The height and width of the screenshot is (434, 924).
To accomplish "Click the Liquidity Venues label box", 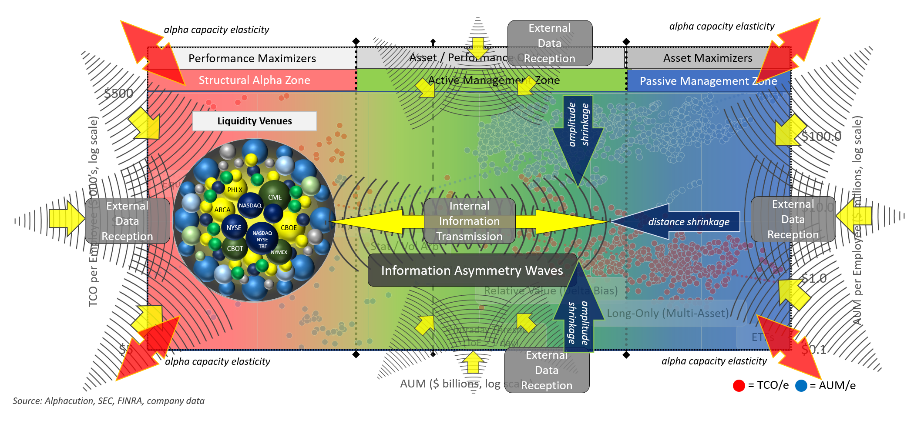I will (255, 121).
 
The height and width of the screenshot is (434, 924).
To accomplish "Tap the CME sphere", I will (275, 197).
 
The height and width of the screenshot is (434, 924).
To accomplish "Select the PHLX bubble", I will (235, 190).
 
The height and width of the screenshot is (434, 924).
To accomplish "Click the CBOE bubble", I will (289, 227).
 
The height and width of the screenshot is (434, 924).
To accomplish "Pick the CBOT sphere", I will (235, 248).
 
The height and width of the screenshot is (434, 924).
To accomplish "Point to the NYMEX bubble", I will (279, 252).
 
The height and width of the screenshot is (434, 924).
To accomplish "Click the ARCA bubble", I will (222, 210).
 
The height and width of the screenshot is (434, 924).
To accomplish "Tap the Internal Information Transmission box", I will (469, 221).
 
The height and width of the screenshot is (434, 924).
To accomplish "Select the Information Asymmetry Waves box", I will (472, 270).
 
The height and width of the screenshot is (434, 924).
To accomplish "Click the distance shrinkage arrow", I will (679, 222).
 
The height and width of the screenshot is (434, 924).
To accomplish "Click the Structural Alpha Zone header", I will (254, 80).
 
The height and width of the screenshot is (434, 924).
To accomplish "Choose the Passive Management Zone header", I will (708, 81).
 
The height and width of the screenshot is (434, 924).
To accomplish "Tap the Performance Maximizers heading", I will (252, 58).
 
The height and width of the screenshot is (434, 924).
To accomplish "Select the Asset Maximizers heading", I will (707, 58).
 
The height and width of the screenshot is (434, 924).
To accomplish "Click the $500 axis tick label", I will (118, 93).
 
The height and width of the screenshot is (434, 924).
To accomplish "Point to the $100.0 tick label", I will (821, 136).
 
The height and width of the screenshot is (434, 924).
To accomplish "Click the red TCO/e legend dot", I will (739, 386).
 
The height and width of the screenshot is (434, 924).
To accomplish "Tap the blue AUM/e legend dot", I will (801, 386).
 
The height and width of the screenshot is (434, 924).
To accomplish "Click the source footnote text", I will (108, 401).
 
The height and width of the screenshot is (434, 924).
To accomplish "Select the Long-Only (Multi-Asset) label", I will (668, 313).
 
